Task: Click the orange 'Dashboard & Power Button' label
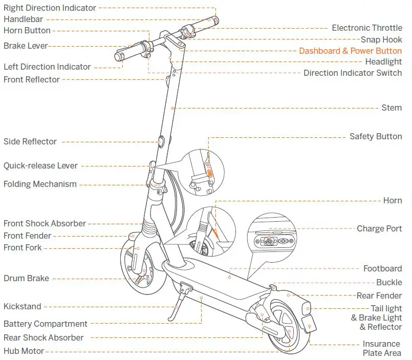[x=350, y=51]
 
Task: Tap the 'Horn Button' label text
[x=27, y=30]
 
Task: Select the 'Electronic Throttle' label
[x=366, y=28]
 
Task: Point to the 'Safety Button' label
[x=375, y=136]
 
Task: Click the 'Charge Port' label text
[x=379, y=228]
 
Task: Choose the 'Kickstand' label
[x=22, y=306]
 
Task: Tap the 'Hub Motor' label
[x=24, y=351]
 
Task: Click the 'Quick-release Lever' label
[x=40, y=165]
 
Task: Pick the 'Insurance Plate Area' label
[x=381, y=348]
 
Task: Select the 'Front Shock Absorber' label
[x=45, y=223]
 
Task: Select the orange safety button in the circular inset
[x=210, y=174]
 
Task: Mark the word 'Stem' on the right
[x=392, y=108]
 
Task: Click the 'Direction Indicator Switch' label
[x=352, y=73]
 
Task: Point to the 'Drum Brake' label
[x=26, y=278]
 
